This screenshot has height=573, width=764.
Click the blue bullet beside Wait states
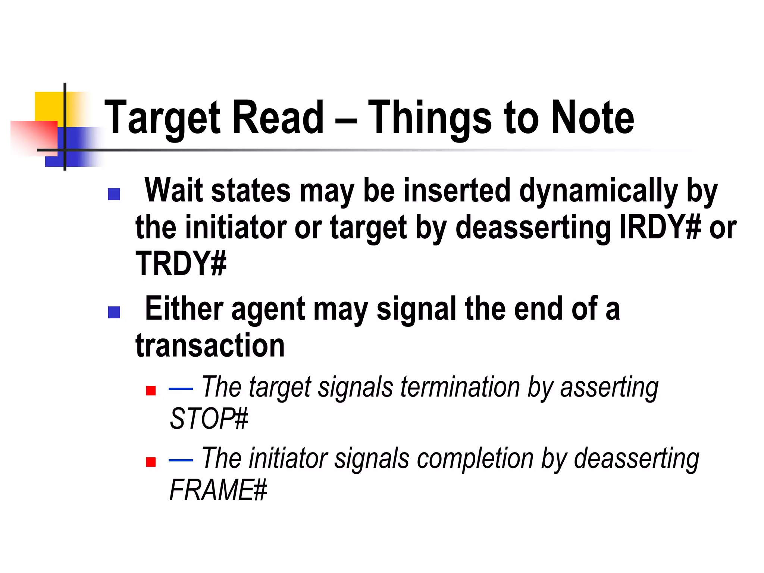coord(114,194)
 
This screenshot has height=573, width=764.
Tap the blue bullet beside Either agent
coord(114,312)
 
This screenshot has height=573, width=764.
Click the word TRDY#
coord(181,263)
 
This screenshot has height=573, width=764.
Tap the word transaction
coord(210,345)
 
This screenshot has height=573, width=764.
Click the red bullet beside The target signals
coord(151,391)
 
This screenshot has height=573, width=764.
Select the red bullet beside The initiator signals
coord(151,462)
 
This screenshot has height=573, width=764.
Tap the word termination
coord(460,387)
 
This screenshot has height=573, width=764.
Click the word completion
coord(475,458)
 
